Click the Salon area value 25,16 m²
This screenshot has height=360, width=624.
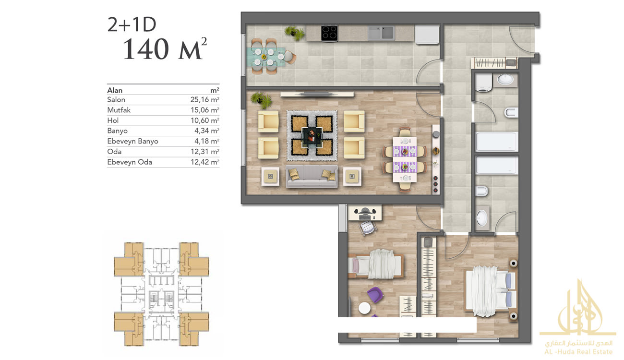205,99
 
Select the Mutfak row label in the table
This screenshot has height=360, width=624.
119,110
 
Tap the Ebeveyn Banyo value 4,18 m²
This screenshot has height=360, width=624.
207,141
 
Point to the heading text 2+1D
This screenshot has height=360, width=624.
132,24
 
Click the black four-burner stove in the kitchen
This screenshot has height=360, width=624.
329,33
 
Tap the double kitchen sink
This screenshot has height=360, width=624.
381,33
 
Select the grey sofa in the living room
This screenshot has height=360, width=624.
312,177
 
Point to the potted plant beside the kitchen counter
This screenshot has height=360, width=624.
294,33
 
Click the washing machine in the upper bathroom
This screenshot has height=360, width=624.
484,83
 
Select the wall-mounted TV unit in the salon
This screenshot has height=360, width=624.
317,94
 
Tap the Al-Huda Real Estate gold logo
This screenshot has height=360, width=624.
578,318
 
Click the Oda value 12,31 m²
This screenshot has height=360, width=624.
205,152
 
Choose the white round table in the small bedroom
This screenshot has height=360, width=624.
364,308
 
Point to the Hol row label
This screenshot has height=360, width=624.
113,120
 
